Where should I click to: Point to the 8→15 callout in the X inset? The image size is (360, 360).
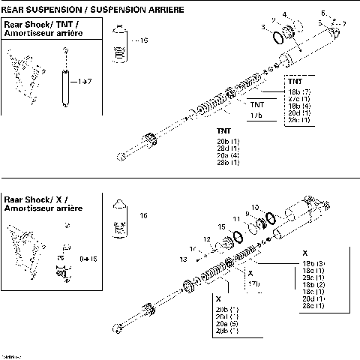pos(88,258)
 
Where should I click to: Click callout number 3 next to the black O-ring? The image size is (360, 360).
pos(263,27)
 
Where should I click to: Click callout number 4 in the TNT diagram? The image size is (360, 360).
pos(284,14)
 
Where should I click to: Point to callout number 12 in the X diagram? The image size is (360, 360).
pos(206,238)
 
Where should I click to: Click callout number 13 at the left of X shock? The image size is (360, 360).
pos(182,259)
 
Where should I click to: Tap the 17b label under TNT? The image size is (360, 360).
pos(256,115)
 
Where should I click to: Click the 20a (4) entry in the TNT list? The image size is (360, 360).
pos(227,154)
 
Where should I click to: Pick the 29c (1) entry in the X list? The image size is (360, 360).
pos(313,277)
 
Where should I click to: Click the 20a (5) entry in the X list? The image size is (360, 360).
pos(227,323)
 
